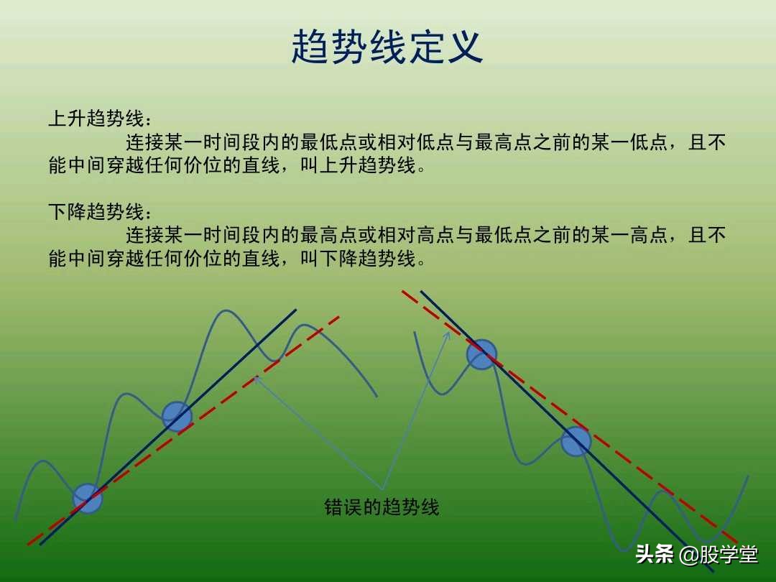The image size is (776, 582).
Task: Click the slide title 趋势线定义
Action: (387, 48)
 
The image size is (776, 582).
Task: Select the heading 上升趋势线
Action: (96, 119)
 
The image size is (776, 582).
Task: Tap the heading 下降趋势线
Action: (96, 212)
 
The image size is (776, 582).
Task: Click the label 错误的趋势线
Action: (382, 507)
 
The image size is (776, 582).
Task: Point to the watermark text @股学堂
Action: (719, 555)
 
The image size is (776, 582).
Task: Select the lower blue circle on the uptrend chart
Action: (88, 498)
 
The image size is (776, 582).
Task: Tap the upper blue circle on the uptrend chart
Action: (177, 416)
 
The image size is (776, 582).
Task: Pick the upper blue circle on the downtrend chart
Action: (481, 354)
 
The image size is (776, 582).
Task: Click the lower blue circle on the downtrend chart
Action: (576, 441)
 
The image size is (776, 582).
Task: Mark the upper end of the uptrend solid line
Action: (295, 310)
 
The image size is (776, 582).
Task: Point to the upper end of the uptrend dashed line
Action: (338, 317)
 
